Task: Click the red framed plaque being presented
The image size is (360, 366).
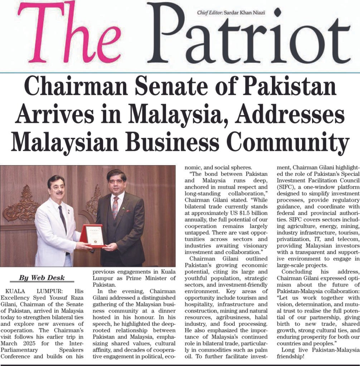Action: (93, 236)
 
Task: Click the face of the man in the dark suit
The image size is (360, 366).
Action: (116, 182)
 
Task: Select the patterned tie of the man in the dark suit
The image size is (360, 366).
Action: (115, 207)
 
